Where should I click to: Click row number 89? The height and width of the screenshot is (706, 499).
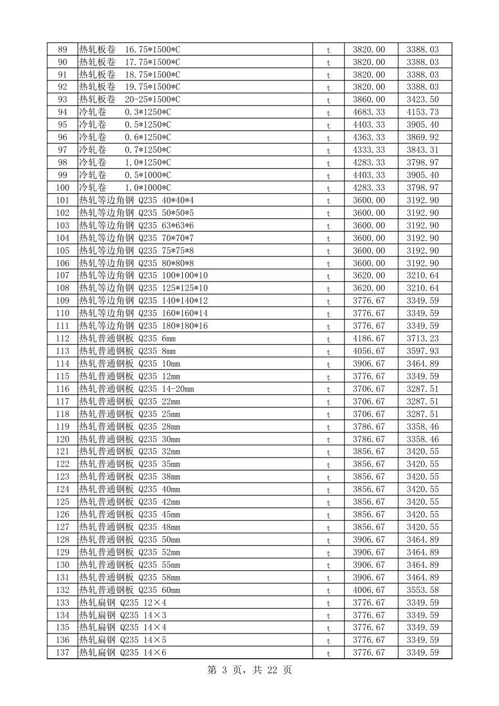(63, 49)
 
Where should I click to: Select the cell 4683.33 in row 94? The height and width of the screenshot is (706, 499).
(369, 112)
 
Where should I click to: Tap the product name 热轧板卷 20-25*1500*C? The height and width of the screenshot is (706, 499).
(129, 99)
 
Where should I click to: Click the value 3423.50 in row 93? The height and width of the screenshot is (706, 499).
(422, 99)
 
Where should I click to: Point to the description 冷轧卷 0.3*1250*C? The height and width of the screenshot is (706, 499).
(125, 112)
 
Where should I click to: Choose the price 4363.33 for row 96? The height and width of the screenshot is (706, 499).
(369, 137)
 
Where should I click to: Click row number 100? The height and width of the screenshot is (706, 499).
(63, 188)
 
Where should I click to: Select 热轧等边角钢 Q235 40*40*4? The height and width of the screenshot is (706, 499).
(136, 200)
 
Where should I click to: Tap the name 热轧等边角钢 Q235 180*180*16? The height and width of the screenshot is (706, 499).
(143, 326)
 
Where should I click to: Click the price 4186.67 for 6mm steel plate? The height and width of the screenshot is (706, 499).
(369, 338)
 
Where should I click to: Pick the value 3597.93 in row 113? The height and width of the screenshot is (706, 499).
(422, 351)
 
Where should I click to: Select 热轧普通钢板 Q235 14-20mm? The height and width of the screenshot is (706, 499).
(136, 389)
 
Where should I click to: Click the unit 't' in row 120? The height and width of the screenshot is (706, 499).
(329, 440)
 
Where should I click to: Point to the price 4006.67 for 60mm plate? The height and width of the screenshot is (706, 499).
(369, 590)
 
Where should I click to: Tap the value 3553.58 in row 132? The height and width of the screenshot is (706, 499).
(422, 590)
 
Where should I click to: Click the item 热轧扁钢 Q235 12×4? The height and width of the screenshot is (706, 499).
(122, 603)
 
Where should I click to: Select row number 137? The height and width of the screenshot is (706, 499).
(63, 652)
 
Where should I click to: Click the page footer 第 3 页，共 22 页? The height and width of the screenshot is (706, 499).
(250, 670)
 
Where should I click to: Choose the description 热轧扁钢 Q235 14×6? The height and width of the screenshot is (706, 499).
(122, 652)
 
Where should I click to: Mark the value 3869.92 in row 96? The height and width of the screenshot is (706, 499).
(422, 137)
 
